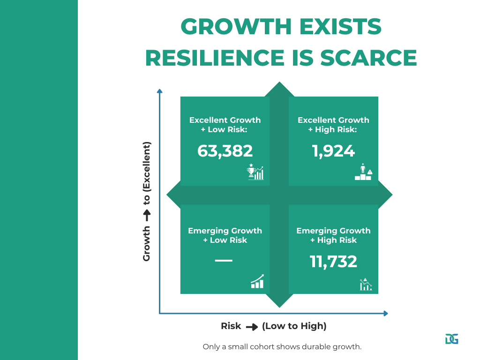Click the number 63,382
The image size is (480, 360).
(225, 151)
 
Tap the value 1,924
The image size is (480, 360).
(333, 151)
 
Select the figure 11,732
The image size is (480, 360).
(333, 262)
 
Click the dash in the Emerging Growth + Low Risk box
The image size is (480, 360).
(224, 261)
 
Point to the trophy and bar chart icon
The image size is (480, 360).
(255, 172)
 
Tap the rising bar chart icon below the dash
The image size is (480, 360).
(257, 281)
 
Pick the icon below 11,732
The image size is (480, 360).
(366, 284)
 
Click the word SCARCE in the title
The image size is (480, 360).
(368, 58)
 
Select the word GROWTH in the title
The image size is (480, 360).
(236, 26)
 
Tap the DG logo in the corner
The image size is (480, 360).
(452, 339)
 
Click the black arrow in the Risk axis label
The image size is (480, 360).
(252, 327)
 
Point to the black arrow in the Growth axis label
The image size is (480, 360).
(147, 215)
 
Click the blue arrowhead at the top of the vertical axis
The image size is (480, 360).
(159, 91)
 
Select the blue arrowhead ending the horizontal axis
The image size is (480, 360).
(386, 314)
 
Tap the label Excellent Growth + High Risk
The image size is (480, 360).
(333, 125)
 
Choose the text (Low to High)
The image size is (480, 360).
(294, 326)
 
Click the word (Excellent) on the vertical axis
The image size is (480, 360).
(147, 165)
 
